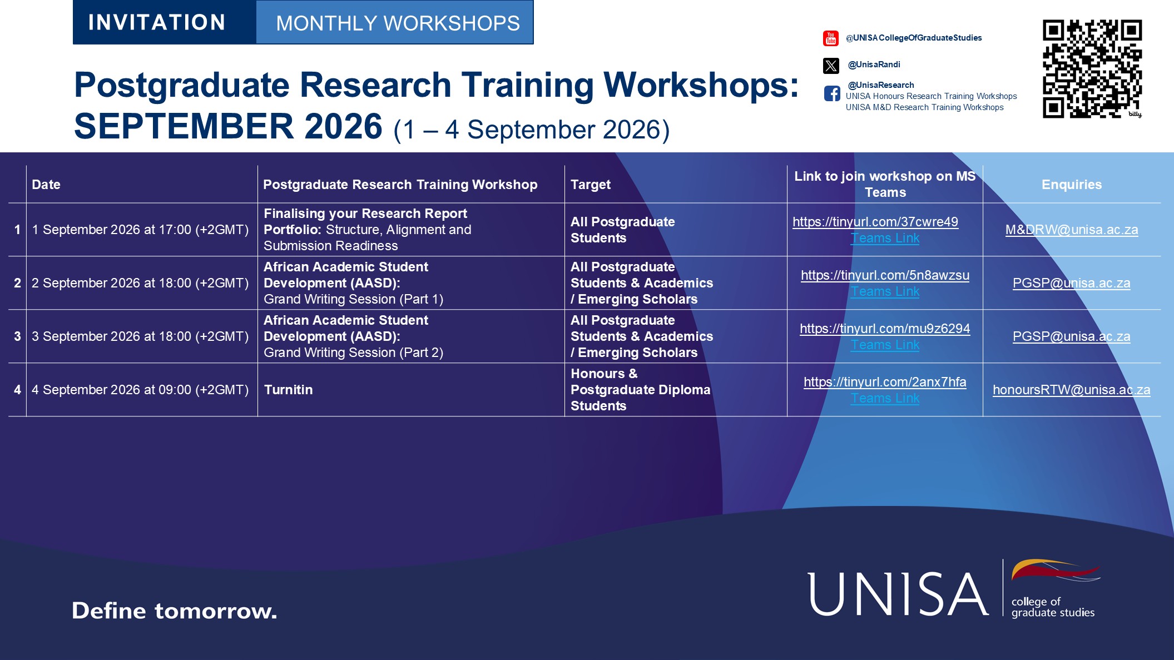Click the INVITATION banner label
tap(157, 22)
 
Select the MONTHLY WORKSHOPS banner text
tap(398, 23)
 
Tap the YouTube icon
tap(831, 38)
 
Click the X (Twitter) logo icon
tap(831, 66)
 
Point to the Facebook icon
tap(832, 93)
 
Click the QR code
tap(1092, 69)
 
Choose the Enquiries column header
tap(1072, 185)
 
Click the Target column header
tap(591, 185)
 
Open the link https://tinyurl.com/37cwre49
tap(875, 222)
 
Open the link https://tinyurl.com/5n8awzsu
tap(885, 275)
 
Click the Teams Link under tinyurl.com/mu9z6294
tap(885, 345)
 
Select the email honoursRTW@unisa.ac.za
tap(1072, 390)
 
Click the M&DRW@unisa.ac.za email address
tap(1072, 230)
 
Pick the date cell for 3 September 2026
tap(140, 336)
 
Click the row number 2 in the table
tap(17, 283)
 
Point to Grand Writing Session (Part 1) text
tap(353, 299)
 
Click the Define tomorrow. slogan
tap(174, 611)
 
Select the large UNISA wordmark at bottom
tap(898, 594)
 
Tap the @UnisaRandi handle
tap(874, 64)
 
